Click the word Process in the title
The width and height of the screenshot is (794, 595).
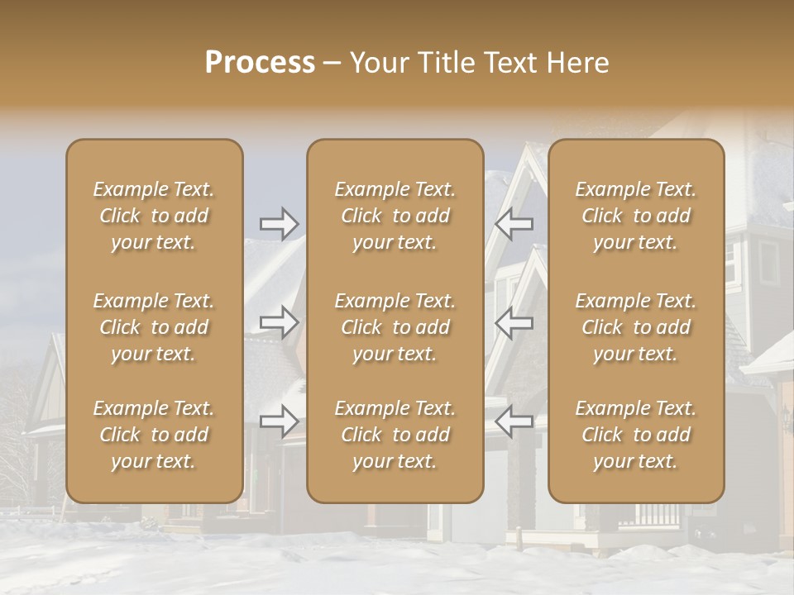coord(260,63)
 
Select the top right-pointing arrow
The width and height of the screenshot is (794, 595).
coord(280,223)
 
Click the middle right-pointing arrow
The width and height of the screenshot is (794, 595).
coord(280,322)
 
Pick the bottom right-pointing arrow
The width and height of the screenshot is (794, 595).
coord(280,421)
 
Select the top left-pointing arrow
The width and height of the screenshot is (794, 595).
coord(514,223)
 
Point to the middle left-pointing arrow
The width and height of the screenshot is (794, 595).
coord(514,322)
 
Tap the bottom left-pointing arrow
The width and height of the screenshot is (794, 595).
coord(514,421)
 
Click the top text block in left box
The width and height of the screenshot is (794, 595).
coord(154,216)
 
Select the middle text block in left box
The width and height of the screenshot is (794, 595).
coord(154,327)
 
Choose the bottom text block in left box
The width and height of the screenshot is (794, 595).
coord(154,435)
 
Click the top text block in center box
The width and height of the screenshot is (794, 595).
coord(395,216)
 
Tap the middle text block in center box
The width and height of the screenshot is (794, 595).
coord(395,327)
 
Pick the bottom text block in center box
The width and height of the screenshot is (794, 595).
coord(395,435)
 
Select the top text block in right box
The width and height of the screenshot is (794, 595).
coord(635,216)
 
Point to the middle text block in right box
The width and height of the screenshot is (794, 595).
coord(635,327)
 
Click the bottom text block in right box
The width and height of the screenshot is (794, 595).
coord(635,435)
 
